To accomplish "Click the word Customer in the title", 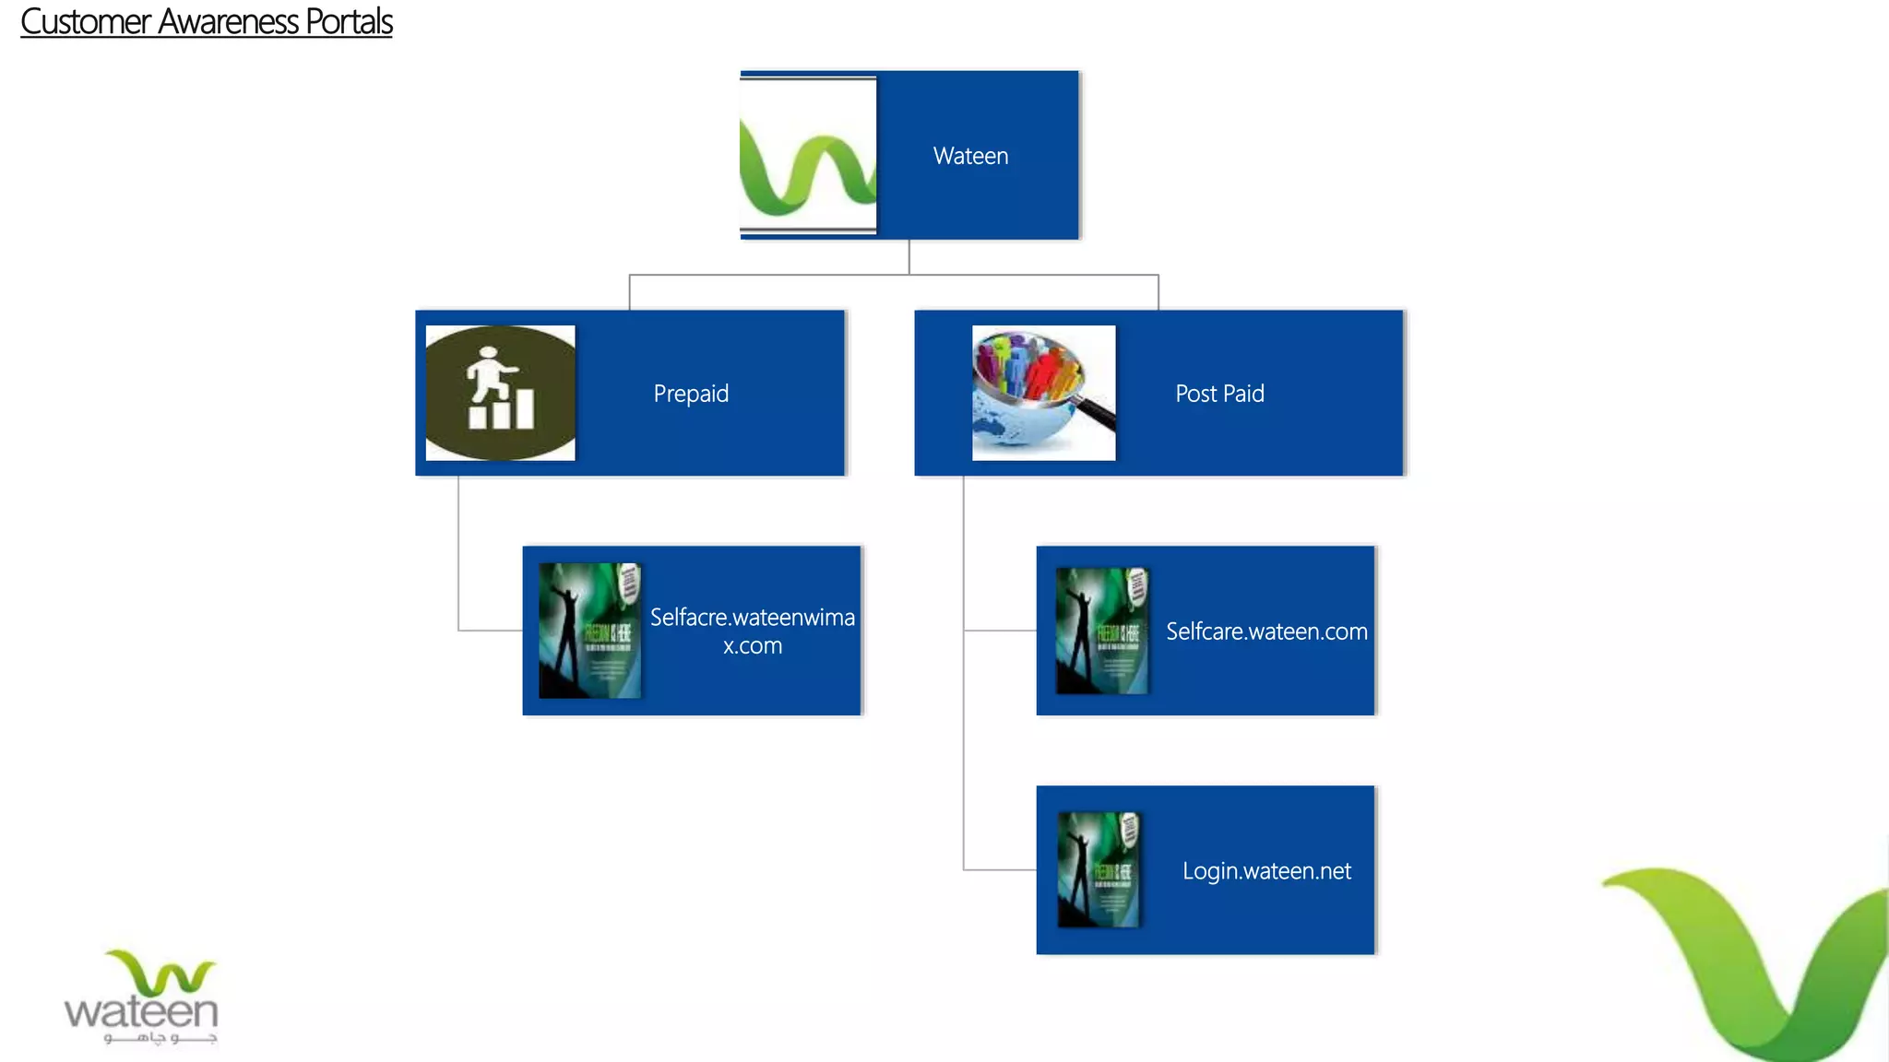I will pos(85,22).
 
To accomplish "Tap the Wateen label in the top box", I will pos(970,156).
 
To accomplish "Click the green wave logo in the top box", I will pos(807,156).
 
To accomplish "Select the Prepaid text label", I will pos(691,394).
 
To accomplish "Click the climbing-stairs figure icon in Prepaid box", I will pos(500,392).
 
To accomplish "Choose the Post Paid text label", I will pos(1219,394).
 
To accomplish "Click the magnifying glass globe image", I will pos(1043,393).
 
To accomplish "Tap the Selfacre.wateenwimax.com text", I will pos(752,631).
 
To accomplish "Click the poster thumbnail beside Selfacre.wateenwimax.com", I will pos(589,631).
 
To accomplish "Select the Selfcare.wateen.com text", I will pos(1266,631).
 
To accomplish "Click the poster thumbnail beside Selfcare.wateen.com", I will pos(1102,631).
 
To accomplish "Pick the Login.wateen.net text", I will pos(1266,871).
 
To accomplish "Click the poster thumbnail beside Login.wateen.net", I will pos(1099,870).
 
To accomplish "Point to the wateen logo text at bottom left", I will pos(141,1012).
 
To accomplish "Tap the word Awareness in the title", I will pos(228,22).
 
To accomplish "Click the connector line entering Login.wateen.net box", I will pos(1000,869).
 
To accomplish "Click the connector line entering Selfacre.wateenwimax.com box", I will pos(490,631).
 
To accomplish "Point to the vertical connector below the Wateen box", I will pos(909,257).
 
